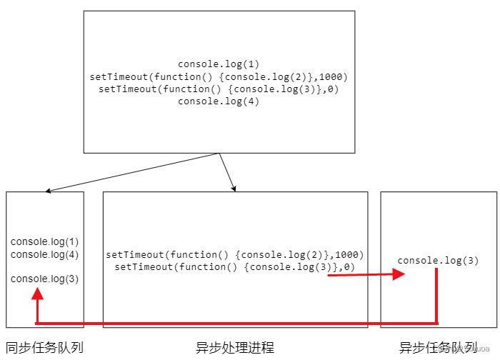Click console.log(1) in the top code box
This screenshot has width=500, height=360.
219,64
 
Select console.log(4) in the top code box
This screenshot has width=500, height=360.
219,101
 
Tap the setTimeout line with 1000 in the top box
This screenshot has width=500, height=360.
219,76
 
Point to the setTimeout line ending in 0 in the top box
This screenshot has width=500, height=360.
219,89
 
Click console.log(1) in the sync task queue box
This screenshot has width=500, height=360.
45,241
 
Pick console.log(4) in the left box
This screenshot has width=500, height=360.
45,254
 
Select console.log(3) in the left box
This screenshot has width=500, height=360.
45,279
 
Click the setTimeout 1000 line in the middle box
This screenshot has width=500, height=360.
235,254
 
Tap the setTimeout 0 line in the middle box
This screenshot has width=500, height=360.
235,267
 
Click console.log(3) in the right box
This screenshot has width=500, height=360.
438,261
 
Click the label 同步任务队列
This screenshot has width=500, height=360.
44,348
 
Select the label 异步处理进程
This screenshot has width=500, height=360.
235,348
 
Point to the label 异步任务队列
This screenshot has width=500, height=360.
438,348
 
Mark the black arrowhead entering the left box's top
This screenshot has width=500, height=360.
47,191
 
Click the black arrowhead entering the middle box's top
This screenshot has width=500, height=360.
234,189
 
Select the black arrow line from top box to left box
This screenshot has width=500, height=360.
132,172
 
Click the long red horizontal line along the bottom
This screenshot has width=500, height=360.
236,323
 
